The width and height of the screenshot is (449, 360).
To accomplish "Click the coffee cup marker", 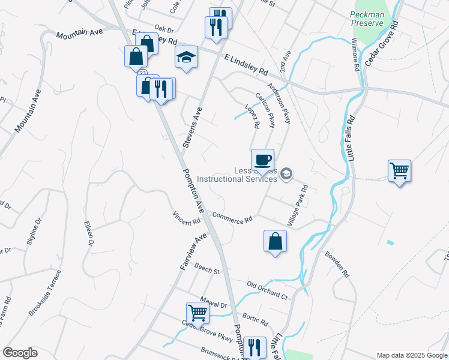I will (262, 160).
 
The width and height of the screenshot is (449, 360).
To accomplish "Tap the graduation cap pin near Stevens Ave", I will (187, 58).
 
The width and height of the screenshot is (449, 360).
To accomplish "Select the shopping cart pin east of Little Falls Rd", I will (399, 171).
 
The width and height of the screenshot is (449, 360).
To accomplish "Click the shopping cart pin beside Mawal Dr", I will (197, 313).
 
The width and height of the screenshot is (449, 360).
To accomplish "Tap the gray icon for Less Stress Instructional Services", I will (287, 174).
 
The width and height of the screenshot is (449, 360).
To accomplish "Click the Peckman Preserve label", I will (367, 18).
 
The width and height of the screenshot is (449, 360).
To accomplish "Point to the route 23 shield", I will (142, 73).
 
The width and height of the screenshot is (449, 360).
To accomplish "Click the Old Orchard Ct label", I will (268, 289).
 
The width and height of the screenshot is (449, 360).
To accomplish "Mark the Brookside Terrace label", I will (46, 293).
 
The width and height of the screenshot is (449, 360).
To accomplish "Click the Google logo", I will (20, 353).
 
